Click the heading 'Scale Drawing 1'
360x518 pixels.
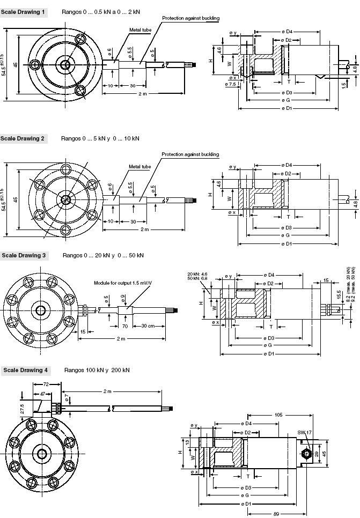tap(23, 11)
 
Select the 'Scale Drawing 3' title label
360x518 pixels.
tap(24, 255)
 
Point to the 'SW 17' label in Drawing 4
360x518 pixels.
tap(304, 433)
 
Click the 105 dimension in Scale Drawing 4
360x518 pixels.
tap(278, 415)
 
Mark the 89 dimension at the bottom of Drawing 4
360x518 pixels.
tap(275, 514)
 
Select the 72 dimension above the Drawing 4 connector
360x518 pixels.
tap(46, 384)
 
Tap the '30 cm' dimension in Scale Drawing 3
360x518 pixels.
tap(150, 326)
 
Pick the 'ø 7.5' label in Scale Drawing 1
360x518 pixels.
tap(232, 84)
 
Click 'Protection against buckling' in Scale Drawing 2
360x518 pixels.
tap(190, 154)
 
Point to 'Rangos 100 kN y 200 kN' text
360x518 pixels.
tap(97, 370)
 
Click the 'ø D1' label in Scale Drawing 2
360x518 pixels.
tap(288, 243)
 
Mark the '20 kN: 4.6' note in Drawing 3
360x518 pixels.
tap(197, 274)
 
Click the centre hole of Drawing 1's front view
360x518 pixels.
tap(65, 65)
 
